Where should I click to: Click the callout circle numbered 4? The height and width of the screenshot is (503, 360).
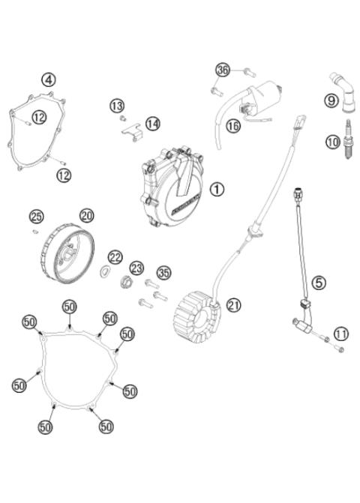click(49, 79)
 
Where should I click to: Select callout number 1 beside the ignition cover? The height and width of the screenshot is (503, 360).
click(217, 190)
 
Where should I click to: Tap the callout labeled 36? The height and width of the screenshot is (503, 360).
click(222, 70)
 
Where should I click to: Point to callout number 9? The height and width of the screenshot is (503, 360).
click(331, 100)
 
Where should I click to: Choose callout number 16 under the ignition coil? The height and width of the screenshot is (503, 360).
click(233, 126)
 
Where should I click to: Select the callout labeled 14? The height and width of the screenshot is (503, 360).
click(152, 123)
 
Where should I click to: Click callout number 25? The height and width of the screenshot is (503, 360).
click(36, 217)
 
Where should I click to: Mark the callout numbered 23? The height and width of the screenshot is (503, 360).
click(136, 268)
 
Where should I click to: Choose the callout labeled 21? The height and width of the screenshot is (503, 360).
click(235, 305)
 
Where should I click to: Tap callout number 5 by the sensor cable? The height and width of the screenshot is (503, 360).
click(319, 283)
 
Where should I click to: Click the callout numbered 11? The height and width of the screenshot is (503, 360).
click(341, 334)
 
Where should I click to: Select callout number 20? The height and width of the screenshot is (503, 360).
click(87, 215)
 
